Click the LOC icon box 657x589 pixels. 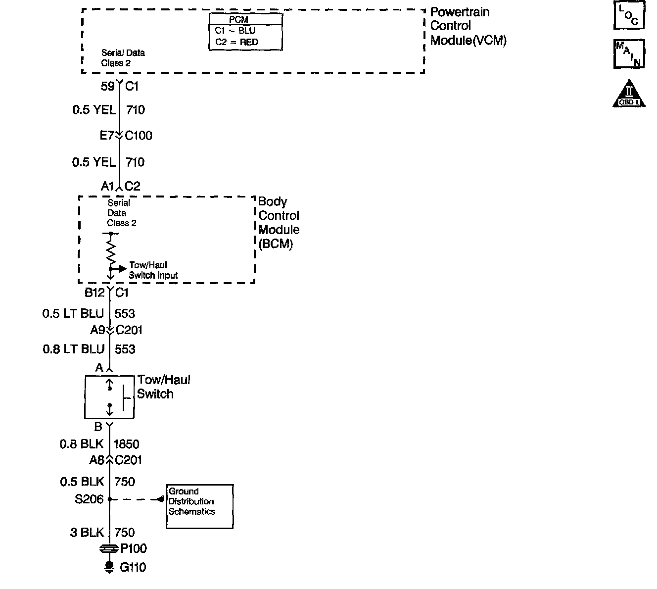click(629, 16)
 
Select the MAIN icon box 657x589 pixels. click(629, 53)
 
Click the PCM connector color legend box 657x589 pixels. click(245, 32)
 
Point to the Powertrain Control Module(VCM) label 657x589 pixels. click(468, 26)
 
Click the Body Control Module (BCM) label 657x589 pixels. click(279, 223)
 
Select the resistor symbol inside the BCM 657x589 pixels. click(111, 250)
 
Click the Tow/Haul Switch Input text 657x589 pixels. click(153, 270)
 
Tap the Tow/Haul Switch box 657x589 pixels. click(109, 397)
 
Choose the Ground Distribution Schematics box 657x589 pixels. click(199, 506)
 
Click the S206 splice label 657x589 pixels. click(89, 499)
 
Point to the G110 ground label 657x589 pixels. click(133, 567)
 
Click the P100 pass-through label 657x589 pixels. click(134, 548)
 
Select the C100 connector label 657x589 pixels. click(138, 136)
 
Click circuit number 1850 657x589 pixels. click(127, 444)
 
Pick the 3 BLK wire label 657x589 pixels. click(87, 533)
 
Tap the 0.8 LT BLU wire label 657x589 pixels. click(73, 349)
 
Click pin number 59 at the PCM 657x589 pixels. click(107, 87)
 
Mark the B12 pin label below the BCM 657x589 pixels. click(94, 293)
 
